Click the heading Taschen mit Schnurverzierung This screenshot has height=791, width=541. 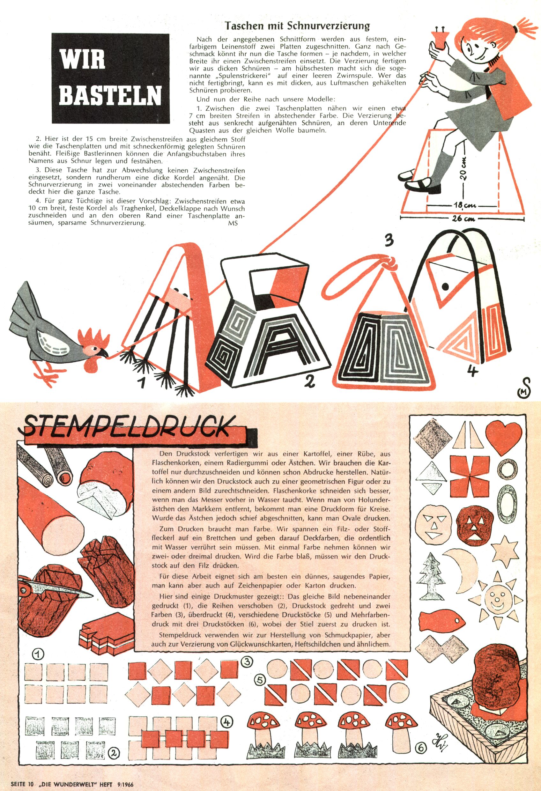[x=297, y=26]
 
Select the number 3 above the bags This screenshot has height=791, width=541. [x=389, y=240]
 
